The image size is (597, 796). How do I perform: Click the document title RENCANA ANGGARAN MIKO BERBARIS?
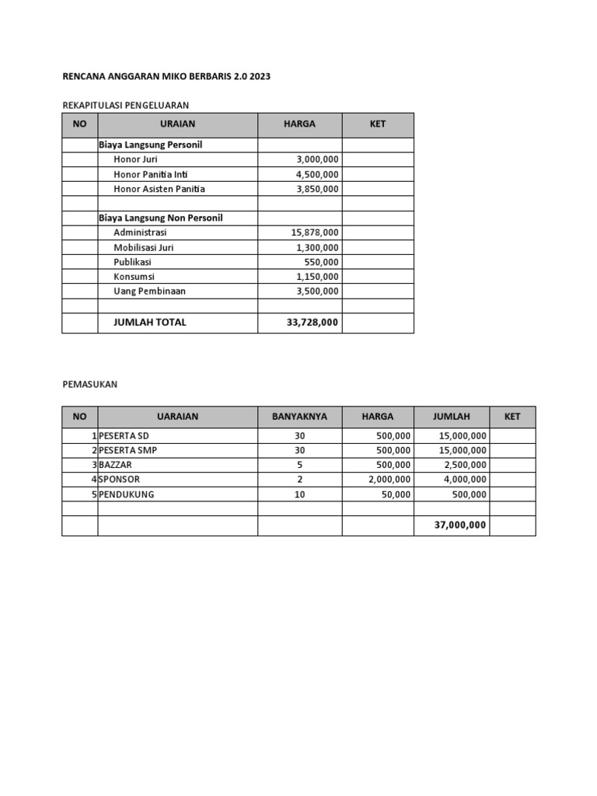166,77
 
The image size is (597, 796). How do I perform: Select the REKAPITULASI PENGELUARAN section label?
125,104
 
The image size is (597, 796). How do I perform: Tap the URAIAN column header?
177,124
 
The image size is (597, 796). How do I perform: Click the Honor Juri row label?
135,159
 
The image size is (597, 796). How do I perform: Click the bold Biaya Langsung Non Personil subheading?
160,218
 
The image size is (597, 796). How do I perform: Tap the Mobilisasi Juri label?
143,247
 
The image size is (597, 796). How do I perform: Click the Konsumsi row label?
134,276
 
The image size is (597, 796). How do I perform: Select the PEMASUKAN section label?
89,384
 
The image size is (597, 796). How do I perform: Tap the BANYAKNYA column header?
299,417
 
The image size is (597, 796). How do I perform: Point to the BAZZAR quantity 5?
299,465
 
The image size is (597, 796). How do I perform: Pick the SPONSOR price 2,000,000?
389,480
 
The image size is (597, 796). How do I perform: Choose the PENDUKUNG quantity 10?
299,494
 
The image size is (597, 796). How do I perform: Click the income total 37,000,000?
460,525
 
